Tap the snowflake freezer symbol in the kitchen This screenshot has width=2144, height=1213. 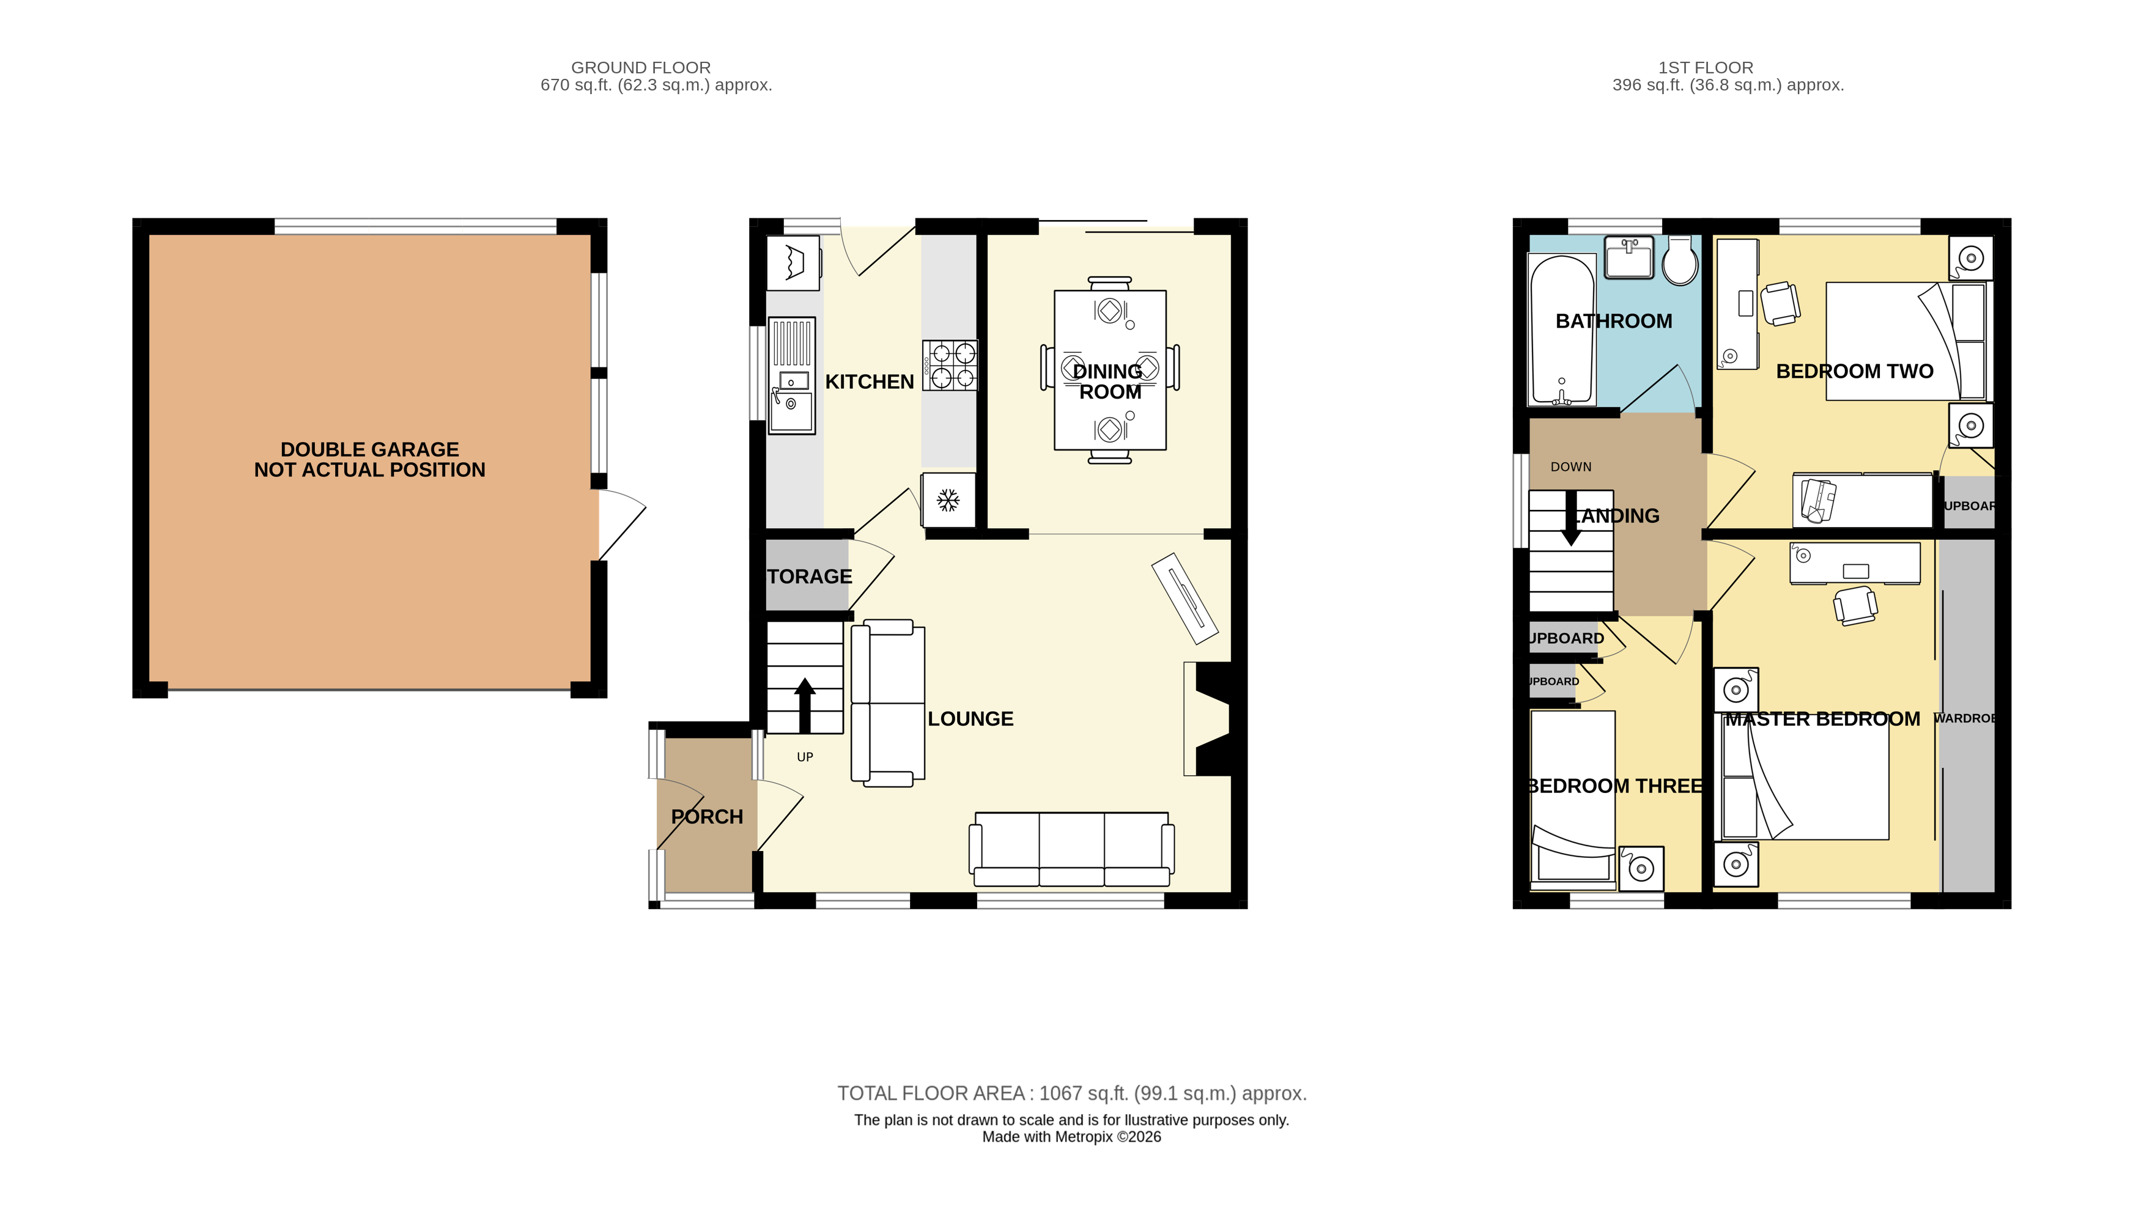coord(947,500)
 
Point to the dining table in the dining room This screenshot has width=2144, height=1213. coord(1109,370)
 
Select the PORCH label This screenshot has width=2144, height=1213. coord(706,816)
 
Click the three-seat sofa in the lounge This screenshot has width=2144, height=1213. coord(1071,848)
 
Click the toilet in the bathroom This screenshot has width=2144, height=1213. coord(1680,262)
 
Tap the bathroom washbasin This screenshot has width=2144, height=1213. coord(1629,257)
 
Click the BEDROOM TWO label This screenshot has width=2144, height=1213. coord(1854,372)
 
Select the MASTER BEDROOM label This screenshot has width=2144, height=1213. coord(1822,719)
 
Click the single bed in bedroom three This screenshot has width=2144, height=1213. coord(1572,795)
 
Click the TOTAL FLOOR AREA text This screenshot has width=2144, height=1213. coord(1071,1093)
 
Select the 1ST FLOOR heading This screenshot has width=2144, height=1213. coord(1705,67)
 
